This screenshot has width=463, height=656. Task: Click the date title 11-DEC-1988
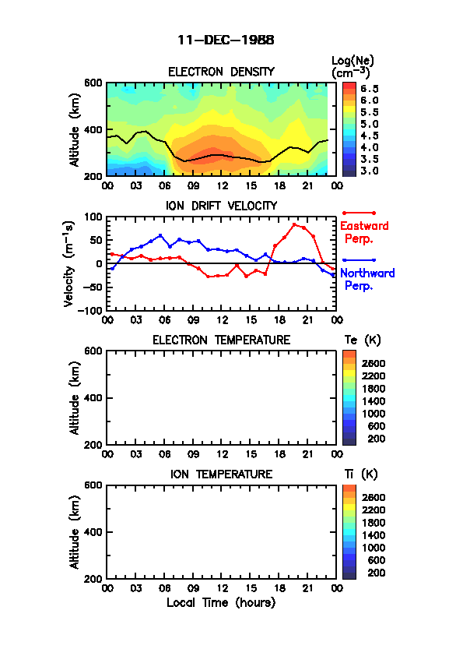tap(226, 41)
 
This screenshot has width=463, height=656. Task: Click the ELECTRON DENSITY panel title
tap(221, 72)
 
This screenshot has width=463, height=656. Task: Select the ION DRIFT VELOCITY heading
tap(221, 206)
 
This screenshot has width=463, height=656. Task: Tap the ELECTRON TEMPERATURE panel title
tap(221, 340)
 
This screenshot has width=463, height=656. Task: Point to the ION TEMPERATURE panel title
tap(221, 474)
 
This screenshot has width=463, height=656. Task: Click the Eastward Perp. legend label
tap(364, 232)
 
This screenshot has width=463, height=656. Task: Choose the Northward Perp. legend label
tap(367, 280)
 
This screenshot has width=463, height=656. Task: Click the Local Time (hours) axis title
tap(221, 603)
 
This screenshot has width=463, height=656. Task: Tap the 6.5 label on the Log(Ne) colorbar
tap(370, 89)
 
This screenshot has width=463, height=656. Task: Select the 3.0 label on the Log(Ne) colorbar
tap(370, 171)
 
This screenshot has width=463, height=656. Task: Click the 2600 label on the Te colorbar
tap(374, 364)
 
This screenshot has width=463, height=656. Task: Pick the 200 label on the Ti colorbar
tap(376, 573)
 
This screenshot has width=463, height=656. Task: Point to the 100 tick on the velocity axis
tap(93, 217)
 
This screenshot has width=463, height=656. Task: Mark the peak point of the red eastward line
tap(294, 224)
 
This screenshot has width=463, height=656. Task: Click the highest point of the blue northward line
tap(160, 235)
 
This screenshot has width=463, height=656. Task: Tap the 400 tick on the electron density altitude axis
tap(93, 129)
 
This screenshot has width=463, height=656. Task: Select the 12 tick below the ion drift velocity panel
tap(222, 320)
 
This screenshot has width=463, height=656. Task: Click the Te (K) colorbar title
tap(363, 340)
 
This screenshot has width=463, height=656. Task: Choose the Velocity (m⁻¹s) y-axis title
tap(69, 263)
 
